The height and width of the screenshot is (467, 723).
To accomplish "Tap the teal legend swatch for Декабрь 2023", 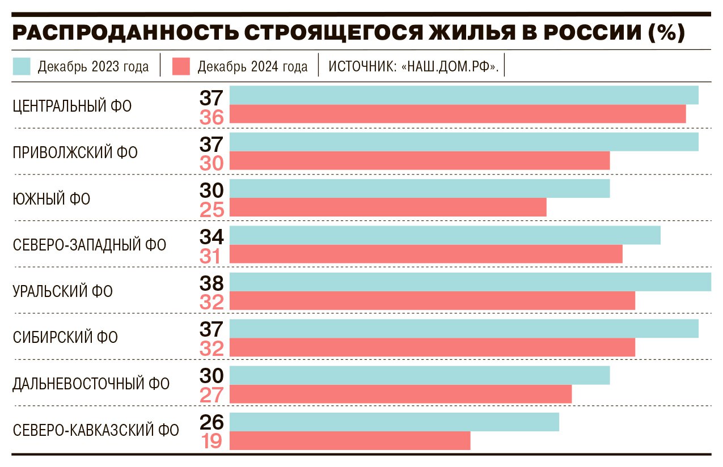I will [x=22, y=66].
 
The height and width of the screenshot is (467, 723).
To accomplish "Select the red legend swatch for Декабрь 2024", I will [x=181, y=66].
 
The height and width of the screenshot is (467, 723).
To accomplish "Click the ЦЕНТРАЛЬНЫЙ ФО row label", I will [x=72, y=106].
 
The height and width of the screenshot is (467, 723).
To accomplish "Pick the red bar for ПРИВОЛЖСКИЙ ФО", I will [x=420, y=160].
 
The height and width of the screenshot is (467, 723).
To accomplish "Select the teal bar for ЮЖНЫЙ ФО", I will [x=420, y=189].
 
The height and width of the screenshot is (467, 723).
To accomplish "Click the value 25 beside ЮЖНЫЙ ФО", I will [x=212, y=210].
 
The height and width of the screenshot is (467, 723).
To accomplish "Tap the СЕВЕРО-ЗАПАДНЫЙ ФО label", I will [x=90, y=245].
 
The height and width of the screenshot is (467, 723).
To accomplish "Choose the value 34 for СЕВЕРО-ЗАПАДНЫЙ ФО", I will [x=212, y=236].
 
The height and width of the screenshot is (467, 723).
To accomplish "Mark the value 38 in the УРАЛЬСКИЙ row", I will [x=212, y=282].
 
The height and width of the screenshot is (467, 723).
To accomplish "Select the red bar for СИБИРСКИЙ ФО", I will [x=432, y=347].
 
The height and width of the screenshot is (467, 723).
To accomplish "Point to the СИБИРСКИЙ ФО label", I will [x=65, y=338].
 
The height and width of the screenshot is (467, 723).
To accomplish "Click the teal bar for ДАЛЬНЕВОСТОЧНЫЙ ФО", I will [x=420, y=375].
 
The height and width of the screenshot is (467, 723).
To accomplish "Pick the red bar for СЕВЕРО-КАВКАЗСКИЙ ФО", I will [x=350, y=440].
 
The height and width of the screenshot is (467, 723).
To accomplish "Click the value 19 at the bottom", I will [x=212, y=441].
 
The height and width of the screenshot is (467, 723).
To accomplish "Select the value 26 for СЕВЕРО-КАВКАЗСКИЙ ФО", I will [x=212, y=422].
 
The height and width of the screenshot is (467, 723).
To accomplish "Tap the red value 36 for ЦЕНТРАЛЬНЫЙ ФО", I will [x=212, y=117].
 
